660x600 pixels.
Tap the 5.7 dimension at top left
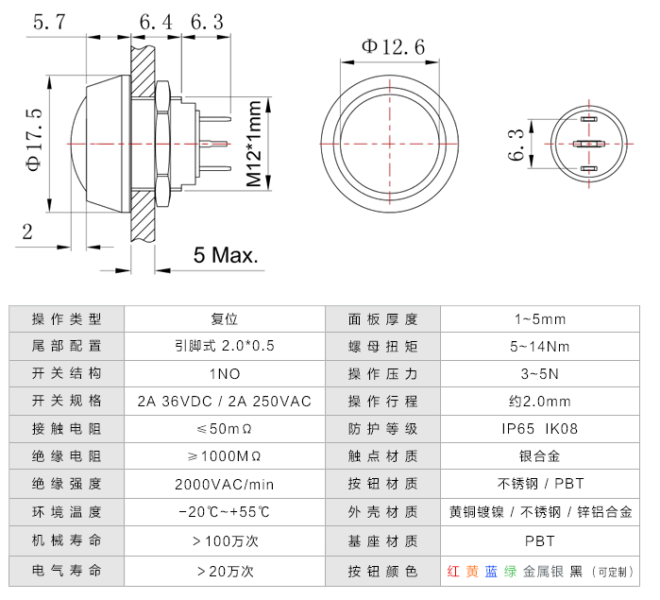click(x=48, y=22)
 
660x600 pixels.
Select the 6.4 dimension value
click(x=157, y=22)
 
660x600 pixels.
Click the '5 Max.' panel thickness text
click(x=227, y=255)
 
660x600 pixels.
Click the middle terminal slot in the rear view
click(x=588, y=145)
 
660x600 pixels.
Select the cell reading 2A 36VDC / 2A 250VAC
click(x=224, y=401)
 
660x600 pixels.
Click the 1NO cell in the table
click(x=224, y=373)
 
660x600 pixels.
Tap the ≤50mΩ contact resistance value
click(x=224, y=428)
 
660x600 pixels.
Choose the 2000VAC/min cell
click(x=224, y=484)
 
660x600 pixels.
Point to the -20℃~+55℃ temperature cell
click(x=224, y=512)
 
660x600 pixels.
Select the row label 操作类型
click(x=66, y=318)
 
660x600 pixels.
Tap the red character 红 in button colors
click(x=453, y=571)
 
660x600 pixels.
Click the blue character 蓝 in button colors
click(x=491, y=571)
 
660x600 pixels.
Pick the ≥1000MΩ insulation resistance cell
click(x=224, y=456)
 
